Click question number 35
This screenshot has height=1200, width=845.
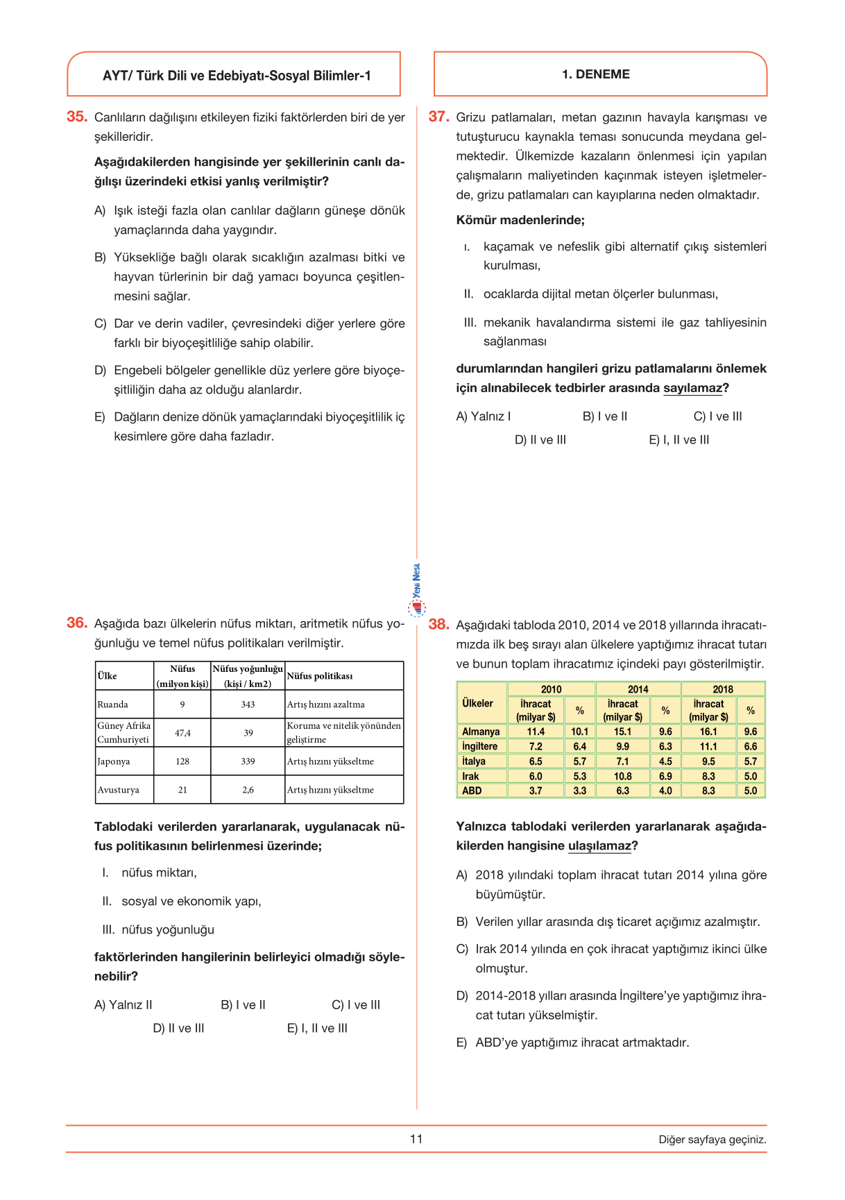pos(76,117)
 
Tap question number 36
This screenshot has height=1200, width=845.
pos(76,623)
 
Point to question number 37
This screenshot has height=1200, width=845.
pos(438,117)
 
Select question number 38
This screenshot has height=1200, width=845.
pos(438,624)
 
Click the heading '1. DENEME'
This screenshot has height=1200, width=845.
pos(596,74)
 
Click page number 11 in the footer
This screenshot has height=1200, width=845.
pos(416,1138)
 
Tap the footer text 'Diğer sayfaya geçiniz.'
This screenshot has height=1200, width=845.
pos(712,1140)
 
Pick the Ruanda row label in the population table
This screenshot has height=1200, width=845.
pos(113,704)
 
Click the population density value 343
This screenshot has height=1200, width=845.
pos(248,704)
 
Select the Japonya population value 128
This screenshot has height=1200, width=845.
pos(182,761)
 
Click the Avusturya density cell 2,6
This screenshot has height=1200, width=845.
pos(248,790)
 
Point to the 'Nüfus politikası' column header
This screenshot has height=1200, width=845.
pos(320,676)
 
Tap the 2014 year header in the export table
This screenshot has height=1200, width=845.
pos(638,689)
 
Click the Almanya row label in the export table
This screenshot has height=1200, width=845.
pos(481,732)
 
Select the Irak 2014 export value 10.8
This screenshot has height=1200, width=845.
pos(622,776)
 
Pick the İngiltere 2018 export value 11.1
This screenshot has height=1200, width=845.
pos(708,746)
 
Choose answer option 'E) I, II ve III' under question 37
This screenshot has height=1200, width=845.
pos(678,440)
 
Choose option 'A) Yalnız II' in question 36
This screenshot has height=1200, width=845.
pos(123,1005)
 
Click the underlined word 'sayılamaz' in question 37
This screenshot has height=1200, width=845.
pos(692,388)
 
